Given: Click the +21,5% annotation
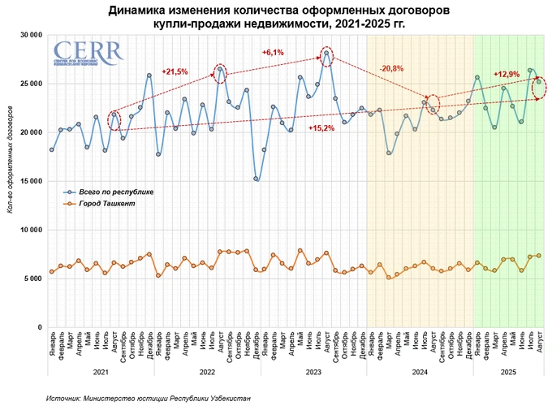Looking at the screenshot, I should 175,71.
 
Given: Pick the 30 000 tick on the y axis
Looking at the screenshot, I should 30,35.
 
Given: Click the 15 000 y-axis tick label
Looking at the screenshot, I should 30,181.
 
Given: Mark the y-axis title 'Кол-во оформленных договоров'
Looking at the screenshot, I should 10,180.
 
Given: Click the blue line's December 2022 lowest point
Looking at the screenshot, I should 256,179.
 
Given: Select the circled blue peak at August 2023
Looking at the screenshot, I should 326,54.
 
